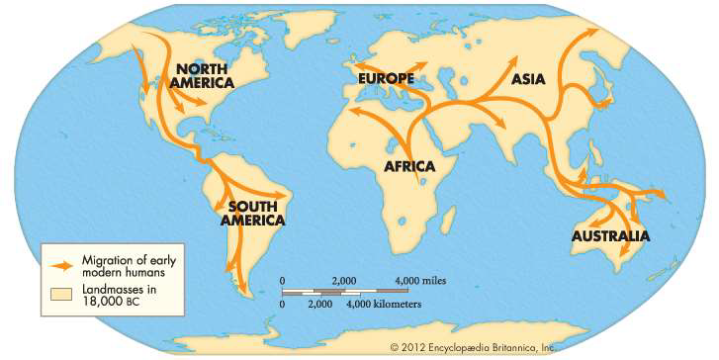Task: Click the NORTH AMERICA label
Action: pyautogui.click(x=204, y=77)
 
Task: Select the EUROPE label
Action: pyautogui.click(x=387, y=78)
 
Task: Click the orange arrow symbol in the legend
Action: pyautogui.click(x=61, y=264)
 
